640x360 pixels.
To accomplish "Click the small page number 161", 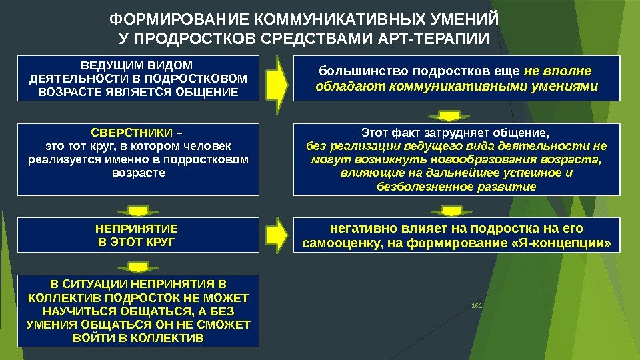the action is [x=476, y=306].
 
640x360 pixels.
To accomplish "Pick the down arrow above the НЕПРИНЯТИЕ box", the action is [x=137, y=211].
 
